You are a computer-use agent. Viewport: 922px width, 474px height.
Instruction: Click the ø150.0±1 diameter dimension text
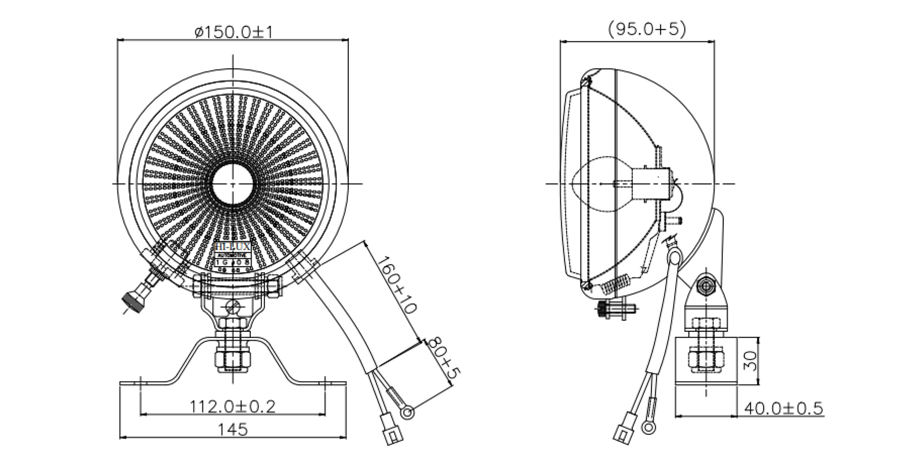coord(234,32)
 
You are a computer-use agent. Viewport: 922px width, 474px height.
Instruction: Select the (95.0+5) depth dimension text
coord(647,30)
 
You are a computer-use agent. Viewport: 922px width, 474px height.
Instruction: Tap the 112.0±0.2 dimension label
coord(232,407)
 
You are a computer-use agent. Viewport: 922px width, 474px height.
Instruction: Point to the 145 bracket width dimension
coord(233,430)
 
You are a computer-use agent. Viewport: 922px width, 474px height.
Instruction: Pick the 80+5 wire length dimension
coord(443,358)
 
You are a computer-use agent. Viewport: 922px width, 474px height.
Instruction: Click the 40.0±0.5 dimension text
coord(783,409)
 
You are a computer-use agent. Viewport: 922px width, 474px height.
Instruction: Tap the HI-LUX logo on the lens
coord(233,247)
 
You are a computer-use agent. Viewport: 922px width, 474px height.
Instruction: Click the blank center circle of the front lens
coord(233,184)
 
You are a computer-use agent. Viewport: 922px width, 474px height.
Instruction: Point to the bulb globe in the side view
coord(591,184)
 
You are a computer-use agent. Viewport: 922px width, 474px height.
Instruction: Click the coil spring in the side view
coord(616,286)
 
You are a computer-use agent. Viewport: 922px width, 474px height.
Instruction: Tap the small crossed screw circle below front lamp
coord(233,307)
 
